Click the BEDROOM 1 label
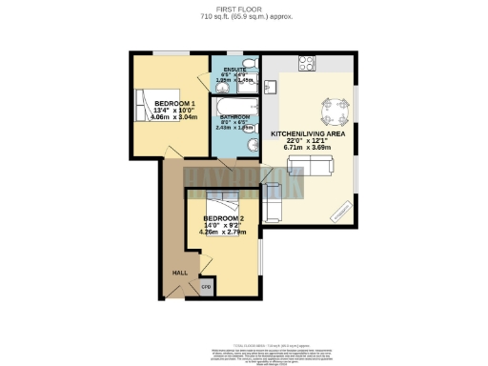click(174, 103)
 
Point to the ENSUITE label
click(234, 70)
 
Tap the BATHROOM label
click(234, 117)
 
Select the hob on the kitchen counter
click(308, 64)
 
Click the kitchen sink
click(270, 87)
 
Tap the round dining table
click(334, 112)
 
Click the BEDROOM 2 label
click(222, 219)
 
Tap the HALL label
click(179, 273)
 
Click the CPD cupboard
click(204, 285)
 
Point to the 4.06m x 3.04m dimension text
click(174, 117)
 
